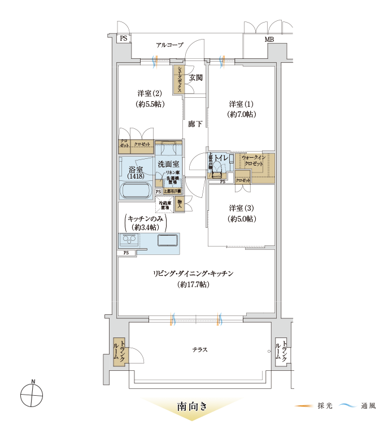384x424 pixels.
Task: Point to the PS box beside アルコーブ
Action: (123, 38)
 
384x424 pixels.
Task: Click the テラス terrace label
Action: (199, 350)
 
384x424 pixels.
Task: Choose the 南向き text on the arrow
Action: (192, 406)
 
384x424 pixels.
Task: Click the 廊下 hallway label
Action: (195, 124)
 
